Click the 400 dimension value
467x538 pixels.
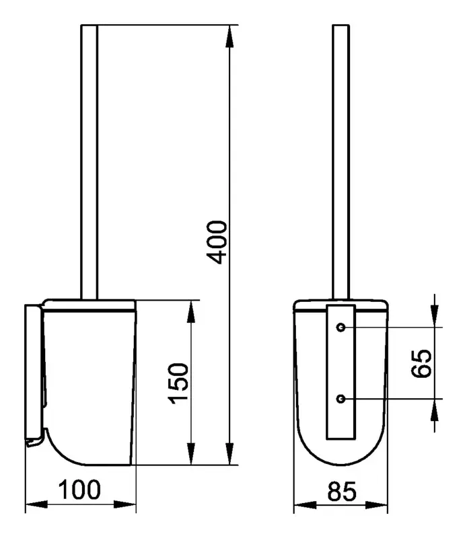(217, 242)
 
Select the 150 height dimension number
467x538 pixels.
(178, 383)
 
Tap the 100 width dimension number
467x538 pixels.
(79, 490)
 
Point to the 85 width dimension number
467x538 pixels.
(342, 492)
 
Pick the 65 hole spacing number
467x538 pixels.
(421, 364)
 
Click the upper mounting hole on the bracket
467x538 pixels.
(340, 328)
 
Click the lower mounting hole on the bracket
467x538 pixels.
(340, 399)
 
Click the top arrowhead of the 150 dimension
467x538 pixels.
(191, 311)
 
